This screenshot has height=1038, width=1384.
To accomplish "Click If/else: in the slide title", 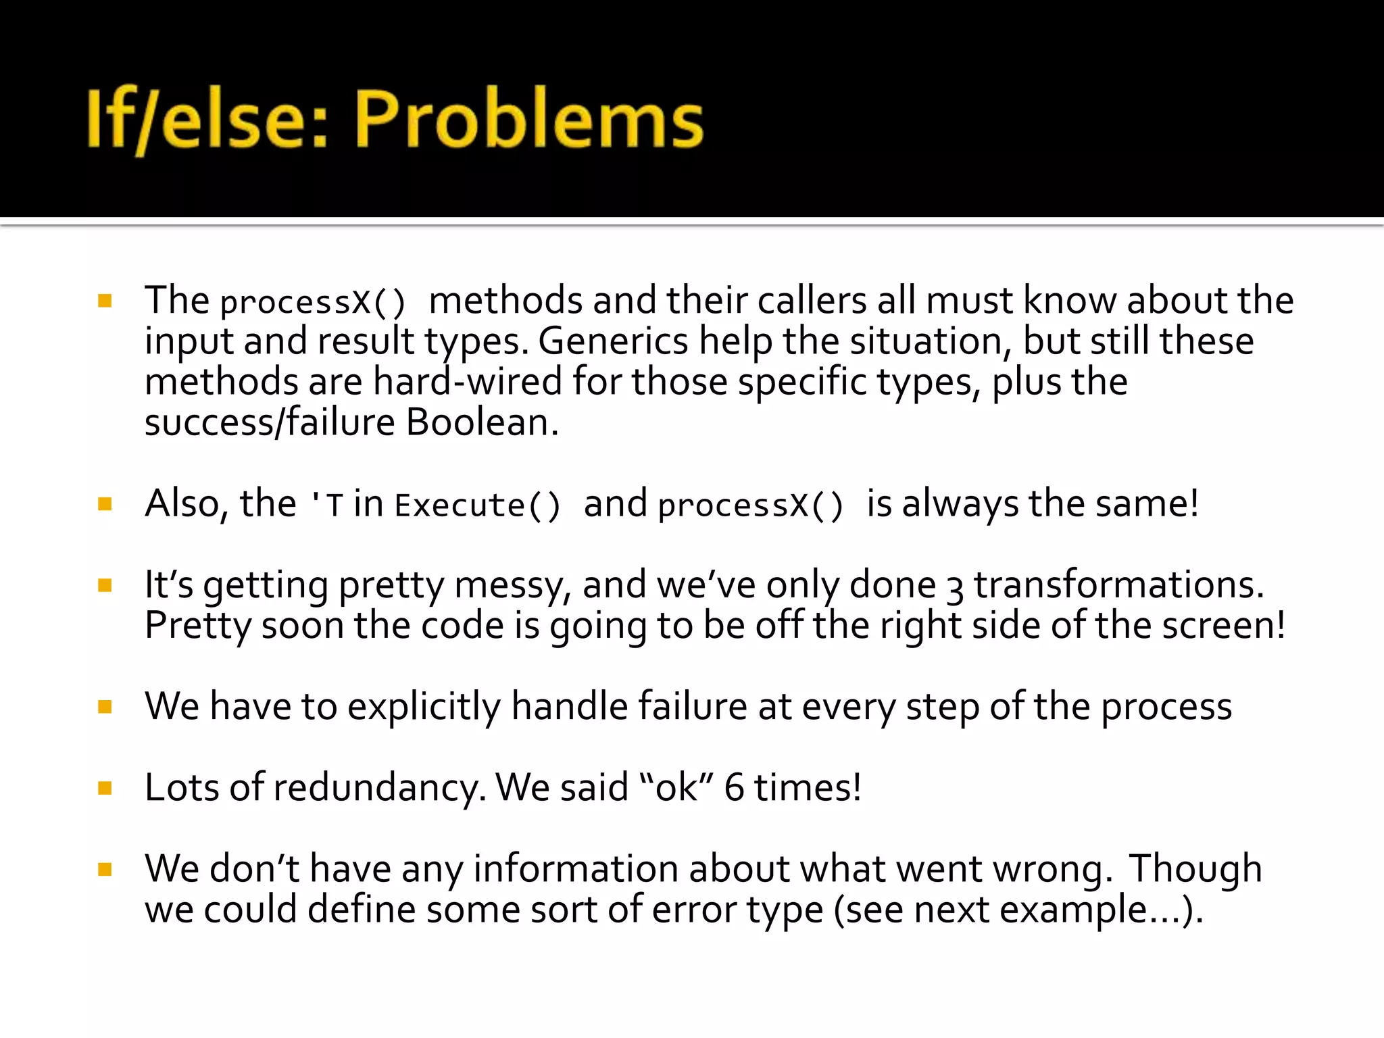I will pyautogui.click(x=207, y=120).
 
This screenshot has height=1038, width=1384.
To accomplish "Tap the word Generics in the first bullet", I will pyautogui.click(x=612, y=341).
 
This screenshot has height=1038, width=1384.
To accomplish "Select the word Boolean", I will pyautogui.click(x=483, y=422).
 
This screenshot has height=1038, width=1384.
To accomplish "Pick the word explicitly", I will pyautogui.click(x=424, y=707).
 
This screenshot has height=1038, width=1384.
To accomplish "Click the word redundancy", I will pyautogui.click(x=379, y=788).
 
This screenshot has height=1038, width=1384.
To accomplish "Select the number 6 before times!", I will pyautogui.click(x=734, y=788).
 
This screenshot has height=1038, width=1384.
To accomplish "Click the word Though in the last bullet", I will pyautogui.click(x=1195, y=869).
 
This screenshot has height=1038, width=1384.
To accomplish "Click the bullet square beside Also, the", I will pyautogui.click(x=105, y=504).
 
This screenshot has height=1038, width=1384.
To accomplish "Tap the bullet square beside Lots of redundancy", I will pyautogui.click(x=105, y=788).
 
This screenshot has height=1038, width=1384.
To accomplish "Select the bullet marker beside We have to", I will pyautogui.click(x=105, y=707).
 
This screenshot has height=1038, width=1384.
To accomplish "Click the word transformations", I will pyautogui.click(x=1118, y=585).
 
